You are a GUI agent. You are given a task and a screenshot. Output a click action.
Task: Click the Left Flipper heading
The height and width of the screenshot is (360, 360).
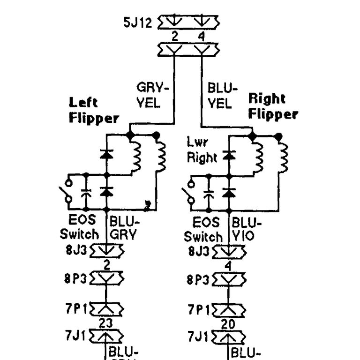pyautogui.click(x=93, y=110)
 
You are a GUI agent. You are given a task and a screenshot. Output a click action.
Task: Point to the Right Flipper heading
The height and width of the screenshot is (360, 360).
pyautogui.click(x=273, y=106)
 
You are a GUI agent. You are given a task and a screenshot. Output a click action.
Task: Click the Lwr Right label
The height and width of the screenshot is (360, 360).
pyautogui.click(x=202, y=150)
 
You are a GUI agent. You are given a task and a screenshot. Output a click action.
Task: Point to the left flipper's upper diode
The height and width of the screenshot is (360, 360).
pyautogui.click(x=107, y=154)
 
